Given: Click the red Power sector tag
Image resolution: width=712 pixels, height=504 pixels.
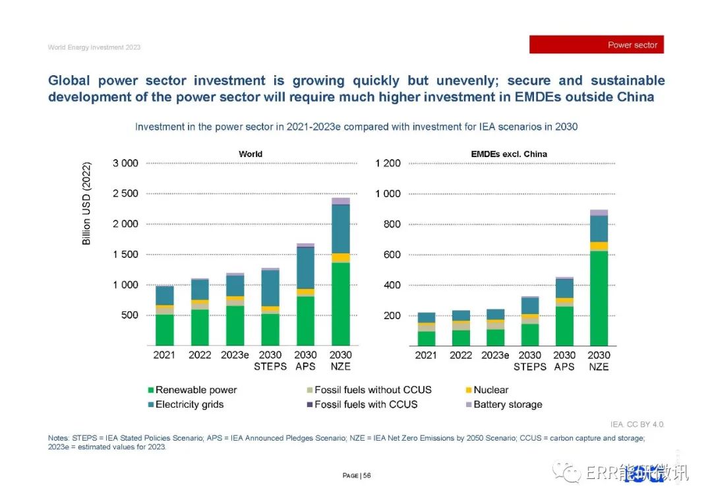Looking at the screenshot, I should pyautogui.click(x=596, y=45).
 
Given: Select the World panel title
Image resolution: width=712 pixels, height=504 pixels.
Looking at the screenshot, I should pyautogui.click(x=250, y=154).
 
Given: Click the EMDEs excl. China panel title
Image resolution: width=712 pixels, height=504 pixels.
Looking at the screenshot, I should pyautogui.click(x=508, y=154).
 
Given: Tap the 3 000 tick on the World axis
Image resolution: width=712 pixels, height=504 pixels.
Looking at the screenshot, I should pyautogui.click(x=125, y=163).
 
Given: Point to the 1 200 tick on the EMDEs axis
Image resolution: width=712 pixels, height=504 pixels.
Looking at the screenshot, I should pyautogui.click(x=388, y=163).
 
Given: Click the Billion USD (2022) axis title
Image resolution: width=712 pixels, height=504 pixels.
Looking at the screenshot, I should pyautogui.click(x=86, y=204).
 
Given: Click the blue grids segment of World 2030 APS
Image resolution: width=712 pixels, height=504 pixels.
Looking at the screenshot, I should pyautogui.click(x=305, y=268).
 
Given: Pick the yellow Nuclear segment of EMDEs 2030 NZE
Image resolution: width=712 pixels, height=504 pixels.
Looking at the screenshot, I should pyautogui.click(x=599, y=246).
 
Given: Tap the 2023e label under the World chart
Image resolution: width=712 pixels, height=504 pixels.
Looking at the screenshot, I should pyautogui.click(x=235, y=355).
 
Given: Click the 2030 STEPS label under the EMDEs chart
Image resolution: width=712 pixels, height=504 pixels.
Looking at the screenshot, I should pyautogui.click(x=530, y=360).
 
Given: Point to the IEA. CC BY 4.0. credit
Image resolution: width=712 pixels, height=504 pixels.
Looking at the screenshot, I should pyautogui.click(x=638, y=424).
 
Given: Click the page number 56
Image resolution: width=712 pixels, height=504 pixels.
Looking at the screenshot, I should pyautogui.click(x=367, y=476).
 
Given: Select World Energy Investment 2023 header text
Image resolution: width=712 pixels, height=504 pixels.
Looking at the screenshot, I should pyautogui.click(x=94, y=47).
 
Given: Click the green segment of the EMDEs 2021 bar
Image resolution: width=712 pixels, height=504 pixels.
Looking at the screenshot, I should pyautogui.click(x=426, y=338).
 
